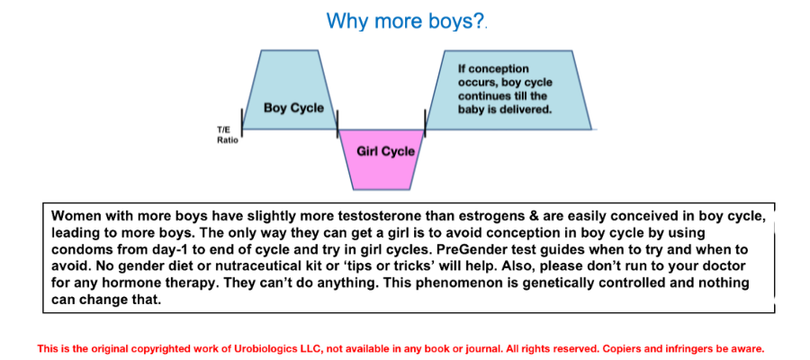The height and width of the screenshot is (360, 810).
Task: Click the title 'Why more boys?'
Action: (406, 21)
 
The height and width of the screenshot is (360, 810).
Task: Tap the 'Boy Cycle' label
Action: (293, 108)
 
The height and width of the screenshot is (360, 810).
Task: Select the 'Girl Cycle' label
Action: (385, 151)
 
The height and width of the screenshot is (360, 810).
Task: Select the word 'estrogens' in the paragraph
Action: (403, 215)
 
